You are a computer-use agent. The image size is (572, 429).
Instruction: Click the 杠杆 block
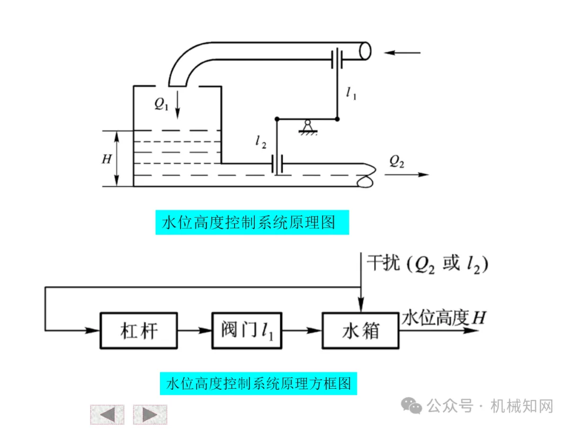point(138,331)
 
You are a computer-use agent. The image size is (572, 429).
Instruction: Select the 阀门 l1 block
point(247,331)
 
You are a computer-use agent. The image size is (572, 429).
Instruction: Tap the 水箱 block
point(360,331)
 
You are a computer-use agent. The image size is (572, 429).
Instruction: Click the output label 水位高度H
point(443,318)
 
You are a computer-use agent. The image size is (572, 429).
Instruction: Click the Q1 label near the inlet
point(162,104)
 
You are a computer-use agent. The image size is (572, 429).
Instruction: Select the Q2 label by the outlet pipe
point(397,162)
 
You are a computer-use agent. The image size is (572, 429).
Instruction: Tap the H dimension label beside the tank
point(106,158)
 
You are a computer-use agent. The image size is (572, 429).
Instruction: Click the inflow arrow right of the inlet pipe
point(403,52)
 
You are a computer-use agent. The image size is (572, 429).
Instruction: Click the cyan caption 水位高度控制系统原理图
point(253,222)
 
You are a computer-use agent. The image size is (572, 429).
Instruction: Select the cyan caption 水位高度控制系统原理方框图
point(258,382)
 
